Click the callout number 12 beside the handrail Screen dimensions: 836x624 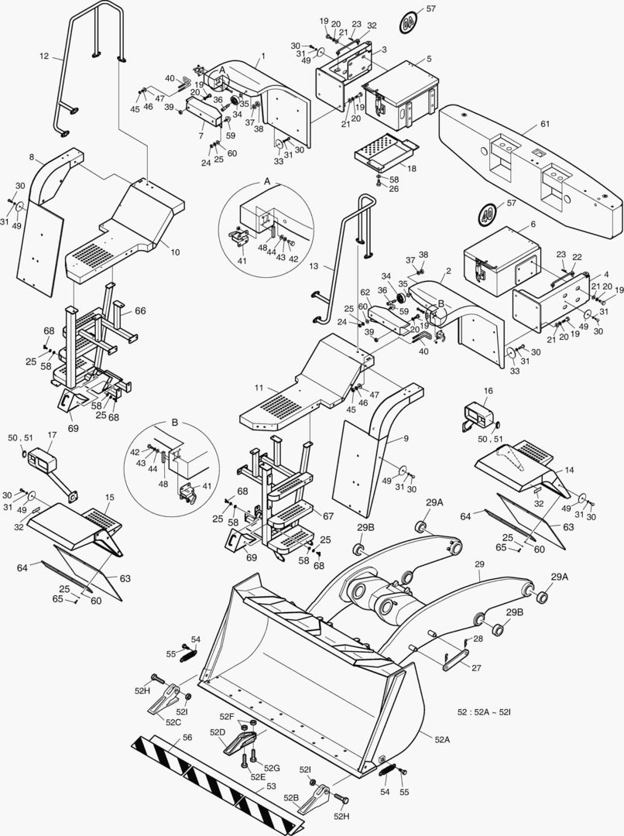44,56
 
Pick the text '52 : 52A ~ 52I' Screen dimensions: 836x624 488,710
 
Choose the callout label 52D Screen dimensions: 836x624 217,731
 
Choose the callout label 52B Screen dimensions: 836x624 291,797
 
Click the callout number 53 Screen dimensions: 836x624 270,786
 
